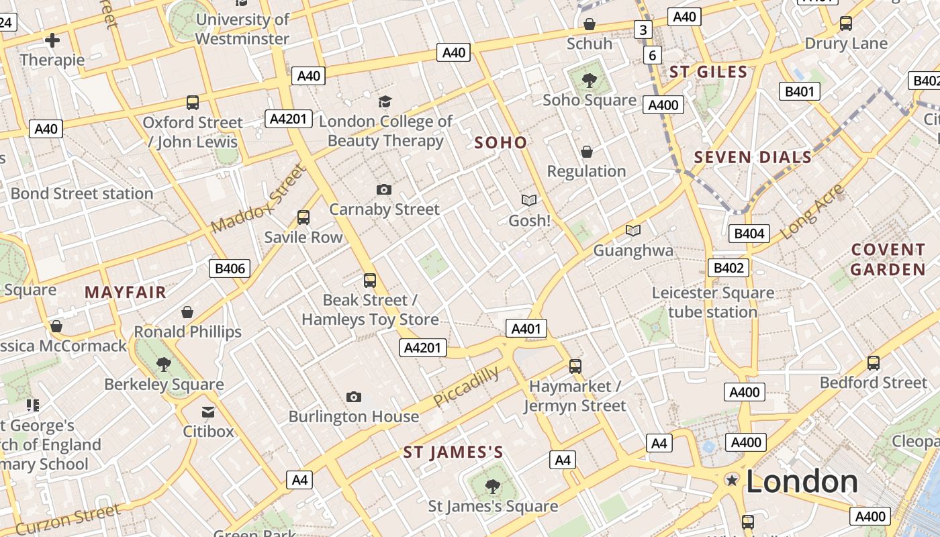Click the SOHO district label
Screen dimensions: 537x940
501,142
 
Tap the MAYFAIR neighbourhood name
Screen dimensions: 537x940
126,292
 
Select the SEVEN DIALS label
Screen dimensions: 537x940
753,158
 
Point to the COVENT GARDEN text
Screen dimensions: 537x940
888,260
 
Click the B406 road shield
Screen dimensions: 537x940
230,269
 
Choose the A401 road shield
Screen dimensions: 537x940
526,328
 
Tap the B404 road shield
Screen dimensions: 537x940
749,234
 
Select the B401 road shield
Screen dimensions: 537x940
799,91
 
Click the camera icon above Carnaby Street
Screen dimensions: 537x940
384,189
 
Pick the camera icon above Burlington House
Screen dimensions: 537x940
354,397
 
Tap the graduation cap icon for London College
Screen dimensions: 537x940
385,101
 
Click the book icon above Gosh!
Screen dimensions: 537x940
529,200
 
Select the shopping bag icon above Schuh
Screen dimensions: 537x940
590,24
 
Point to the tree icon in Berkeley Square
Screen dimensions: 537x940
163,364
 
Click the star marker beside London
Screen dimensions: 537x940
732,480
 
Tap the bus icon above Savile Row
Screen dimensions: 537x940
303,217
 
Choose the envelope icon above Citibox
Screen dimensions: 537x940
208,411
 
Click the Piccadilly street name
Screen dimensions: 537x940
466,387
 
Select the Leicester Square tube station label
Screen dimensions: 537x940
712,303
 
